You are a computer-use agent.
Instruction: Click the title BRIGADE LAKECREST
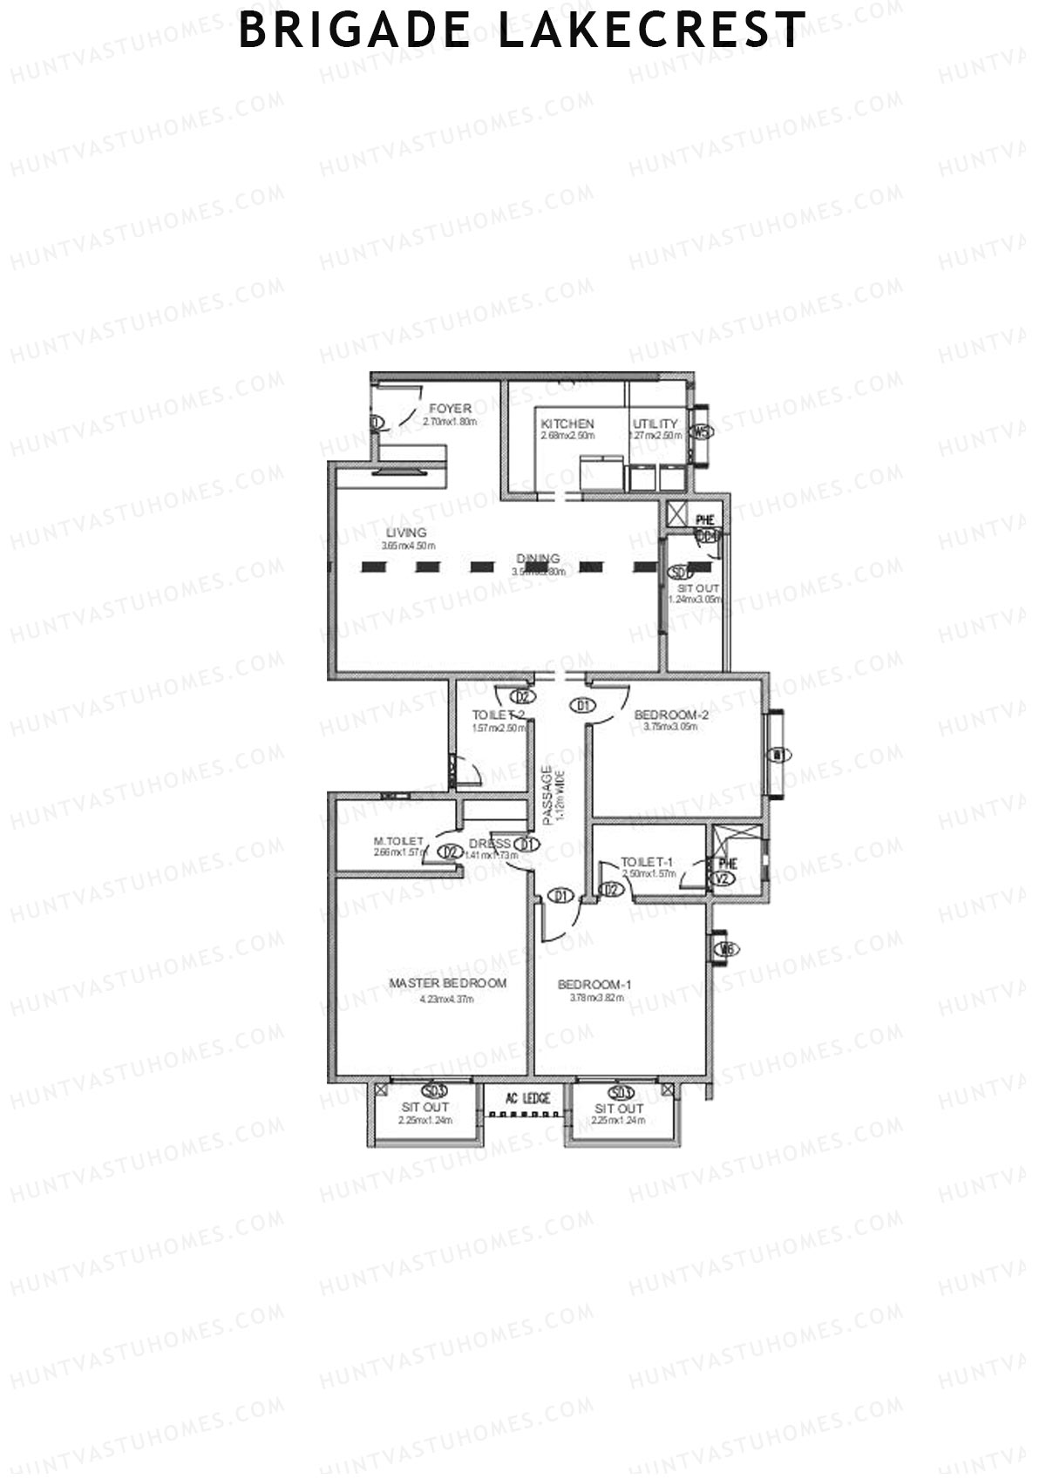tap(522, 31)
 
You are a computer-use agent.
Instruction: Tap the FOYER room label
tap(450, 409)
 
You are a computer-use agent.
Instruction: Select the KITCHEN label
tap(567, 424)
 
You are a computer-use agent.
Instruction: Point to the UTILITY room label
tap(655, 424)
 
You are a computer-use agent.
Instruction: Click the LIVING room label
tap(407, 533)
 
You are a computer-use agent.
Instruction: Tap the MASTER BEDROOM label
tap(447, 983)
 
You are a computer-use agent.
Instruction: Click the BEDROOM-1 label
tap(594, 985)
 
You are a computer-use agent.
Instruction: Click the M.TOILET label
tap(398, 841)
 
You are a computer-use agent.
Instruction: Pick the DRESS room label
tap(489, 844)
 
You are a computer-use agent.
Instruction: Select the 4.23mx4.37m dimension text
tap(446, 999)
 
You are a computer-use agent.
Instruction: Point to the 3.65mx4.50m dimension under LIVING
tap(407, 546)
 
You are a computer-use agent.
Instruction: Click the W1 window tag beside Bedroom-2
tap(776, 754)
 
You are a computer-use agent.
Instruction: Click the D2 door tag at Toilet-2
tap(521, 696)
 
